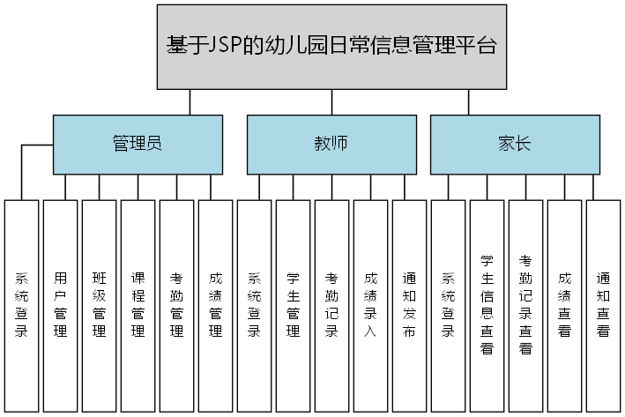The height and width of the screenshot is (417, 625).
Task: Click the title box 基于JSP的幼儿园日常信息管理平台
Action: coord(331,47)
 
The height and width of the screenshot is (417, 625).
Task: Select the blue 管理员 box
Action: coord(138,144)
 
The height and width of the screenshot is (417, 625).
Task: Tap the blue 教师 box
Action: coord(331,144)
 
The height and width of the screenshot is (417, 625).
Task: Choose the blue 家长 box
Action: coord(515,144)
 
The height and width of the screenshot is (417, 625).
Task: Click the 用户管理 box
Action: coord(61,305)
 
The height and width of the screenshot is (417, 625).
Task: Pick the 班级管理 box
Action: coord(100,305)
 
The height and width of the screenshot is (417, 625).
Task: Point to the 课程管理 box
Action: coord(138,305)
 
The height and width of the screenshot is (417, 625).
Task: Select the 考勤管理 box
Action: coord(177,305)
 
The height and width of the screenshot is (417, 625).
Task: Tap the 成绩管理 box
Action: coord(216,305)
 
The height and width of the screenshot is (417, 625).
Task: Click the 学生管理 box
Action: coord(294,305)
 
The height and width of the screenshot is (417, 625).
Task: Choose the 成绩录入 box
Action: coord(371,305)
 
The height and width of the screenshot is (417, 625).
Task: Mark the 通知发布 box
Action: coord(409,305)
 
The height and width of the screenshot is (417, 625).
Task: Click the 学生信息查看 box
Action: coord(487,305)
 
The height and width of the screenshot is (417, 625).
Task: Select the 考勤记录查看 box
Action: coord(525,305)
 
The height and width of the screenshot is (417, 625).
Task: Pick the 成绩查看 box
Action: coord(564,305)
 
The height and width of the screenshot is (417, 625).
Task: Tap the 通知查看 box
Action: coord(603,305)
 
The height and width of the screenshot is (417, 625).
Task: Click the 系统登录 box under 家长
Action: coord(448,305)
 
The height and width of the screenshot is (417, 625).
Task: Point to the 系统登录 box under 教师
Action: coord(255,305)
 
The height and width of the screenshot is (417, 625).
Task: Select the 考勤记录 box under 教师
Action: coord(332,305)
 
